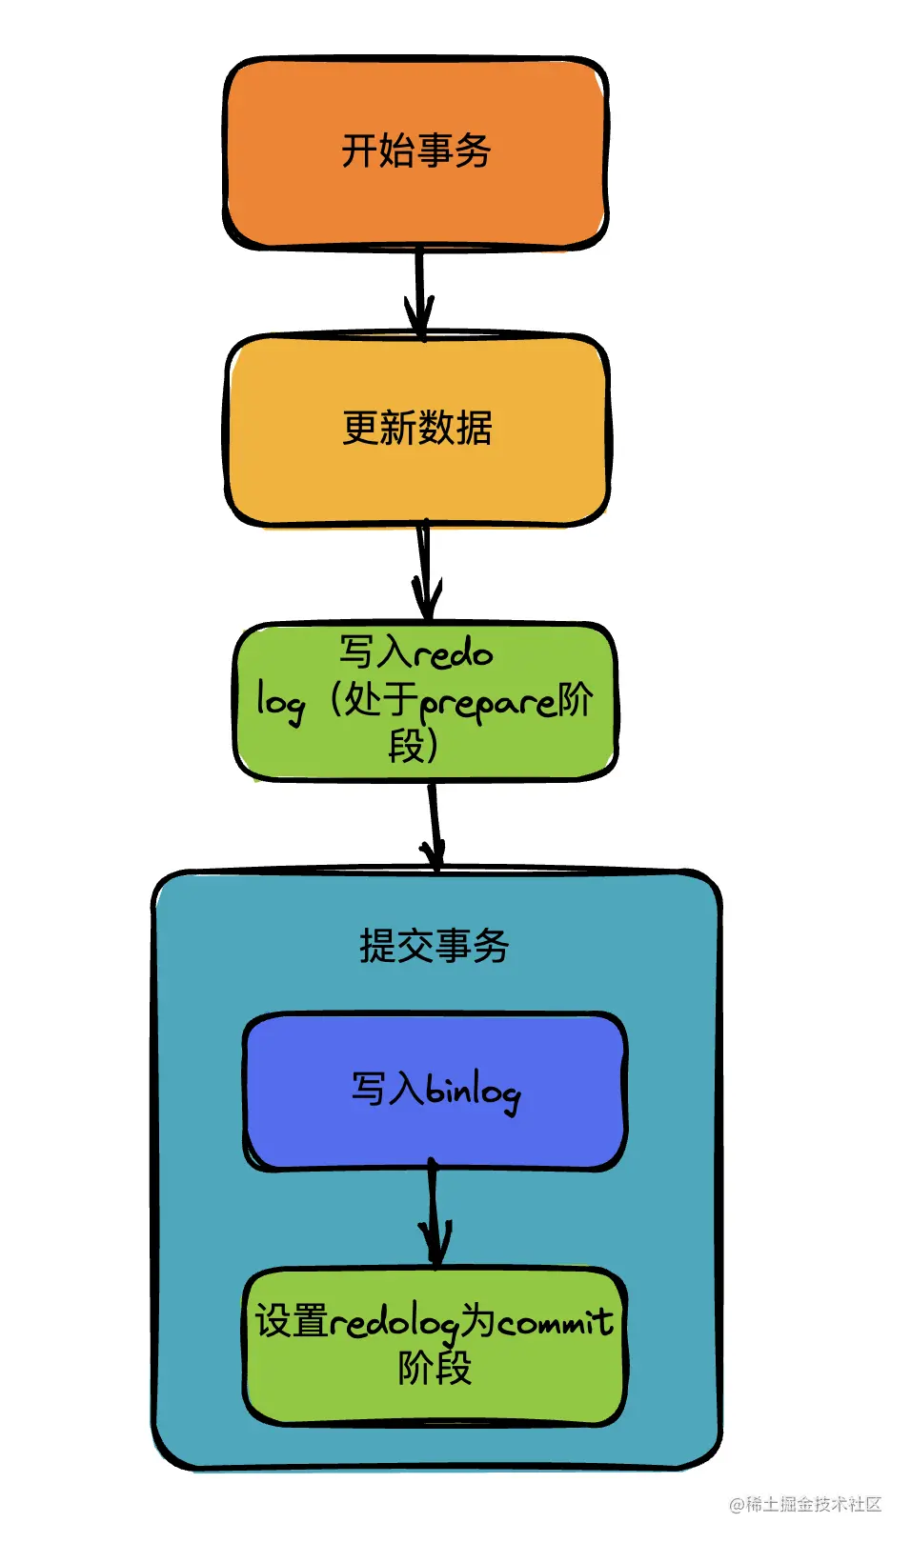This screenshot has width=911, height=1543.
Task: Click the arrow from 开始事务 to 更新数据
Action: pos(418,291)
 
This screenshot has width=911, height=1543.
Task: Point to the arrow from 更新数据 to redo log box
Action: pos(425,571)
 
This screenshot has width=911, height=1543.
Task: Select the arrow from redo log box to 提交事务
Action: pos(435,824)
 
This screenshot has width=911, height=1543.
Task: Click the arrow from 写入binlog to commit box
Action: pos(435,1214)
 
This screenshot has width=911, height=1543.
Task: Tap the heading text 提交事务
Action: pos(435,946)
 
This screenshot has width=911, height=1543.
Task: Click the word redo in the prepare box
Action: pos(453,653)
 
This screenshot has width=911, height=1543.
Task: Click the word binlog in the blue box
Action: pos(473,1092)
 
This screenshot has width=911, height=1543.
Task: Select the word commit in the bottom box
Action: pos(555,1322)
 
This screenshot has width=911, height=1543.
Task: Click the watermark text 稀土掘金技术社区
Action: pos(812,1504)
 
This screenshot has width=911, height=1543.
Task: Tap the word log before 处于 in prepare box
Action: pos(281,703)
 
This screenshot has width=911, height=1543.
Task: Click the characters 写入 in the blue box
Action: pos(386,1089)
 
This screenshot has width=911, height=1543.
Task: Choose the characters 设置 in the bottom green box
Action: pos(292,1321)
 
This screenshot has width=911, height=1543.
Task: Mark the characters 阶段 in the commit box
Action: pos(435,1369)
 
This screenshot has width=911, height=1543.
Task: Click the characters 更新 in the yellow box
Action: pos(379,428)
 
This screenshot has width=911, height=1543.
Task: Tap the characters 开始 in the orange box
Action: pos(378,150)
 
